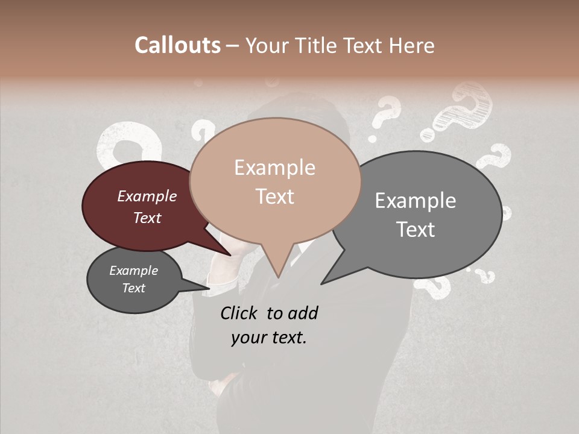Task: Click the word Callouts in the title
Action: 177,45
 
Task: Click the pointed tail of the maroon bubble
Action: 229,254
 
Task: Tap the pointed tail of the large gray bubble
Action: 323,283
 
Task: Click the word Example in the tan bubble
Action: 274,168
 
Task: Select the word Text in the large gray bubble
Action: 416,230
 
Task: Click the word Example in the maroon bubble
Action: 147,197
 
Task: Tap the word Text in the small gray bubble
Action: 134,288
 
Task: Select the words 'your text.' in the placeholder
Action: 269,338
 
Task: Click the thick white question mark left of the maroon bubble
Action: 121,145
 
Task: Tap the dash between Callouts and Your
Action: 233,46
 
